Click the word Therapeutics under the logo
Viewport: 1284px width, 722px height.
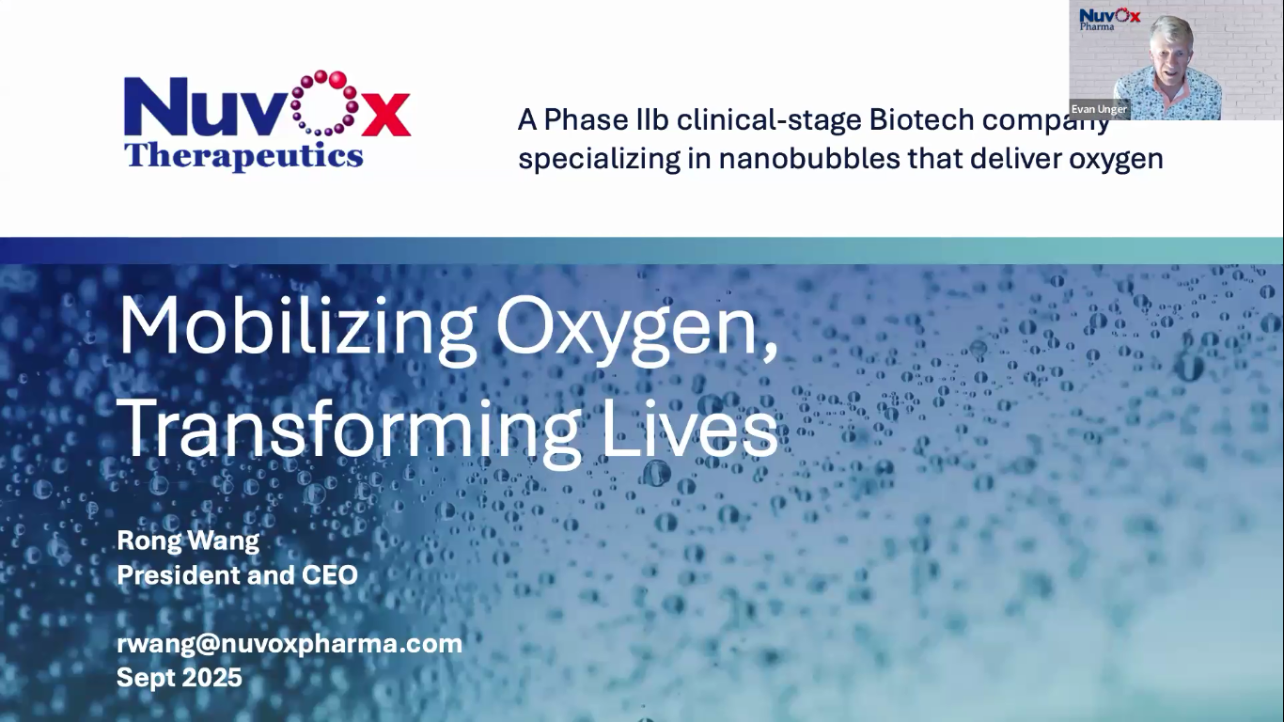click(244, 155)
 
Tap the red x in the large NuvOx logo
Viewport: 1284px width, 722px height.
click(385, 116)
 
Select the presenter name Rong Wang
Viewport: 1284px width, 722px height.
click(188, 541)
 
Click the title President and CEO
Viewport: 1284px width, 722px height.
click(237, 574)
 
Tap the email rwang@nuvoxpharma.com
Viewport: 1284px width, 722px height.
click(290, 644)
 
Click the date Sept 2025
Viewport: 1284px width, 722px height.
click(180, 678)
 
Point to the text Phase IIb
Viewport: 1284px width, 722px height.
click(606, 119)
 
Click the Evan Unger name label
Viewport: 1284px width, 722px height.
click(1099, 109)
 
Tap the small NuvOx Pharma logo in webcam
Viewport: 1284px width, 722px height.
click(1110, 19)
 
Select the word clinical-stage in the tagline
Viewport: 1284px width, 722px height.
click(769, 120)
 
